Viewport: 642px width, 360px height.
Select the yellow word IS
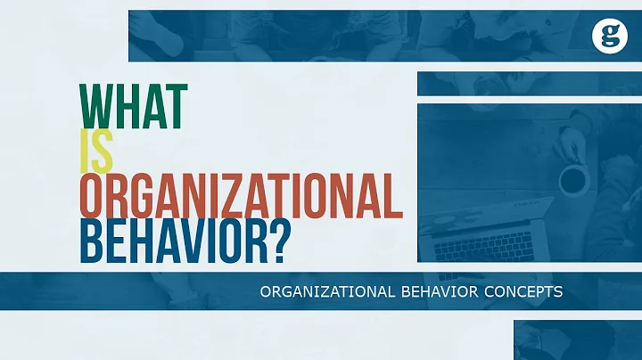[x=97, y=153]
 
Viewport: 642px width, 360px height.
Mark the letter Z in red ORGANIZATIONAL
[x=247, y=196]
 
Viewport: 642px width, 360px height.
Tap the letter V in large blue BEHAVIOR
[x=199, y=240]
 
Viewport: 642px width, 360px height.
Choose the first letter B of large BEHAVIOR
[x=93, y=240]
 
